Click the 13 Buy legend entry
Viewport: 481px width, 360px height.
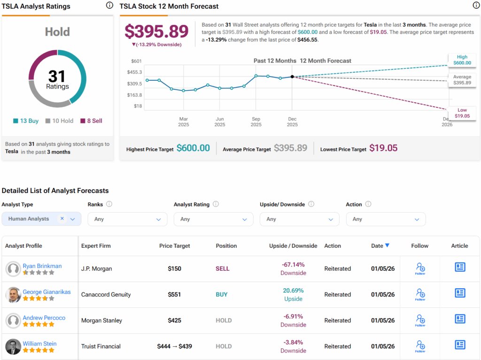[26, 121]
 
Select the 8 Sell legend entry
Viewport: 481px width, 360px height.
[91, 121]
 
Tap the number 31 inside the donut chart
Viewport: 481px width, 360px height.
[57, 77]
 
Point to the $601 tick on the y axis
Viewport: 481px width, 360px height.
[136, 61]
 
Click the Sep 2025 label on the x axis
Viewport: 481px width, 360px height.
[256, 122]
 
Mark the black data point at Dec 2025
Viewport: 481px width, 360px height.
[292, 77]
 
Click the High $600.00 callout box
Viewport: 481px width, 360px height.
[462, 60]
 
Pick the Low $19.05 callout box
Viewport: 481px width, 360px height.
[462, 113]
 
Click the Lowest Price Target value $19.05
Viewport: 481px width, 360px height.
[383, 148]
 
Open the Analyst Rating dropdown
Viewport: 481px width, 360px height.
[213, 219]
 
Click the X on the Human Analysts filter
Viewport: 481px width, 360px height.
[62, 219]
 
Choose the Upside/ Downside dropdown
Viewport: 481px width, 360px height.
[299, 219]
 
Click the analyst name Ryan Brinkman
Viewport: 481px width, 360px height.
[42, 266]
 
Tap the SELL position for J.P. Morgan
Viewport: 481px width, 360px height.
[222, 269]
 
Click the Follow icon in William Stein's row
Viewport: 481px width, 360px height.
[420, 346]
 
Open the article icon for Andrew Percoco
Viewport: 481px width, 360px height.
[460, 319]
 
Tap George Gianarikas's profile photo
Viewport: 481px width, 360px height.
[13, 295]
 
